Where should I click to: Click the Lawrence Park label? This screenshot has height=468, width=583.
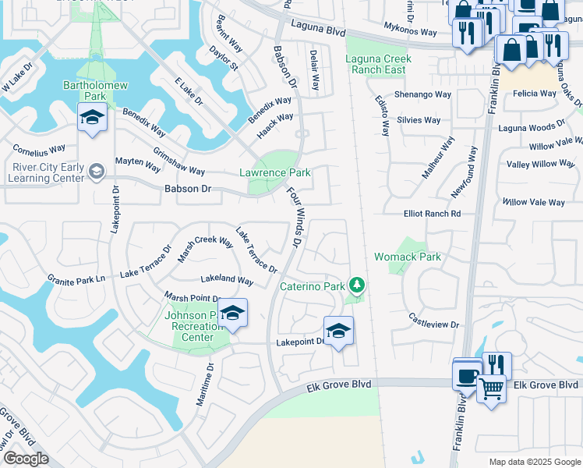pyautogui.click(x=274, y=173)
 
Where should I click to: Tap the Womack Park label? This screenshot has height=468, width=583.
pyautogui.click(x=408, y=257)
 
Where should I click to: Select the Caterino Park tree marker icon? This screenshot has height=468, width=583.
pyautogui.click(x=357, y=285)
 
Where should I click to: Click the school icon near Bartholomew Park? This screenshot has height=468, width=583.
pyautogui.click(x=93, y=119)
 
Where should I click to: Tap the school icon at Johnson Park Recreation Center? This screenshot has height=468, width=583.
pyautogui.click(x=231, y=314)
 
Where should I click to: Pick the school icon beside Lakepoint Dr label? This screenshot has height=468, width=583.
pyautogui.click(x=338, y=331)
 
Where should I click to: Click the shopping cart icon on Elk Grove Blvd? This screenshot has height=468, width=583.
pyautogui.click(x=491, y=387)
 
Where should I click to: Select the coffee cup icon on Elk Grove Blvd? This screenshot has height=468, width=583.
pyautogui.click(x=468, y=375)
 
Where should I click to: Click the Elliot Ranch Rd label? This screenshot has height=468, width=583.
pyautogui.click(x=432, y=213)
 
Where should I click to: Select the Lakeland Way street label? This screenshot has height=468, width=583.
pyautogui.click(x=227, y=279)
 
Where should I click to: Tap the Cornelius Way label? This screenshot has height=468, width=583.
pyautogui.click(x=38, y=148)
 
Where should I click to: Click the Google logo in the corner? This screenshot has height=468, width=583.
pyautogui.click(x=26, y=459)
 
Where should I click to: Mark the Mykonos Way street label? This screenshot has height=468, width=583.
pyautogui.click(x=410, y=30)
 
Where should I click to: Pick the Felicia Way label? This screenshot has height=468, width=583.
pyautogui.click(x=534, y=94)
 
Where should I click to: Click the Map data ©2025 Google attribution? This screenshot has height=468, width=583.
pyautogui.click(x=534, y=462)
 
